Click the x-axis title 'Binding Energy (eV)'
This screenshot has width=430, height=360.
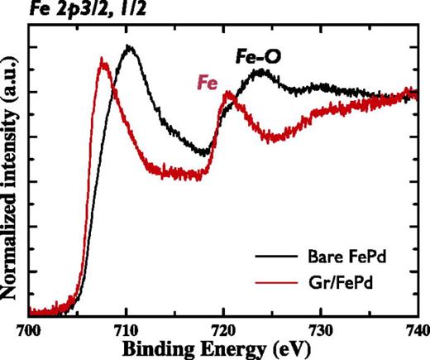tap(223, 348)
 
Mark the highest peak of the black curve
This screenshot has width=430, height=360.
tap(129, 47)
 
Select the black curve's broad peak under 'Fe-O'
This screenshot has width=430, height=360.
tap(261, 72)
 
